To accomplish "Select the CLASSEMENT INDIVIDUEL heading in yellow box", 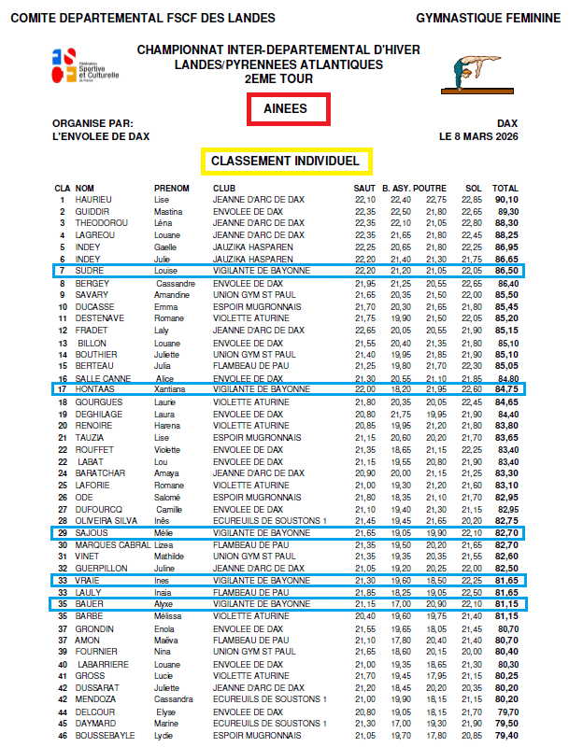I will click(286, 162).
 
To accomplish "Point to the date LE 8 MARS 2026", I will click(478, 136).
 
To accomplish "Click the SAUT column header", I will click(364, 188).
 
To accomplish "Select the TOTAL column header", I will click(505, 188).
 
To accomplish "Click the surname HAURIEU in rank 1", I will click(93, 200).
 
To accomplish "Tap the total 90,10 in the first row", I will click(506, 200).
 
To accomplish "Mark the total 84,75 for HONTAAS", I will click(506, 388).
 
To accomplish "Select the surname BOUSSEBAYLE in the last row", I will click(105, 734).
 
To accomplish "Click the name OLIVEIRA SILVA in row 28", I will click(106, 520).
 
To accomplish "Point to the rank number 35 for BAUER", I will click(62, 604).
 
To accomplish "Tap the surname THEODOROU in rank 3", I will click(100, 223).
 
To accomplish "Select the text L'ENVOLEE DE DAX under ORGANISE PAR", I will click(100, 136).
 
